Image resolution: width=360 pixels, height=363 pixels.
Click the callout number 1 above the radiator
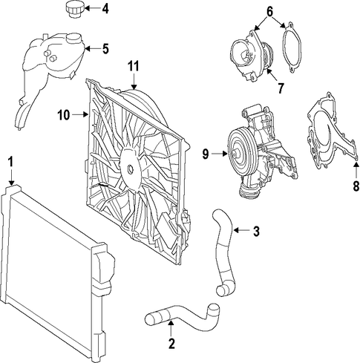pos(10,162)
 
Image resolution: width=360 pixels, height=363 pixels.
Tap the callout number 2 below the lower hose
pos(171,343)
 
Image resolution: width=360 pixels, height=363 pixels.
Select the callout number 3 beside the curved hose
pos(256,231)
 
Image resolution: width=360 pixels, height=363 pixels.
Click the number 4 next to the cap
pos(105,9)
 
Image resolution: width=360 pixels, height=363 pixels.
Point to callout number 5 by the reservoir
pos(105,48)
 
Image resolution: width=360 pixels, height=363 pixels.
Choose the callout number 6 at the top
pos(269,11)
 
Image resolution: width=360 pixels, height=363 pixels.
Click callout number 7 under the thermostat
pos(281,88)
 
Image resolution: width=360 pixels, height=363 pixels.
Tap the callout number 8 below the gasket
pos(356,186)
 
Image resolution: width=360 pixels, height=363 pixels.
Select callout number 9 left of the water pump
pos(206,154)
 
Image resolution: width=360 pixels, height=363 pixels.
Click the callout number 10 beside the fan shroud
pos(64,115)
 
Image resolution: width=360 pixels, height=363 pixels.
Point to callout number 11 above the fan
pos(134,67)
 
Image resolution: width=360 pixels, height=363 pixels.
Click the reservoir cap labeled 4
pos(74,10)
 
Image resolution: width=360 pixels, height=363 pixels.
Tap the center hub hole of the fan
pos(130,169)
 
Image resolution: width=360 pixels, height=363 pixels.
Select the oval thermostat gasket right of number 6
pos(292,48)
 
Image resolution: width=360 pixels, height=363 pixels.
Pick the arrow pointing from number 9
pos(219,154)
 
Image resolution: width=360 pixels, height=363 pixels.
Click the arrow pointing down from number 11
pos(134,82)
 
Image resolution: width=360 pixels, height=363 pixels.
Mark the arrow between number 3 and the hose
pos(242,230)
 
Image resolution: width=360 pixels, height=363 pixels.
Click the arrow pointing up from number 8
pos(356,169)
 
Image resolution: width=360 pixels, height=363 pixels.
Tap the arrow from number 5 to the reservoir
pos(93,48)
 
